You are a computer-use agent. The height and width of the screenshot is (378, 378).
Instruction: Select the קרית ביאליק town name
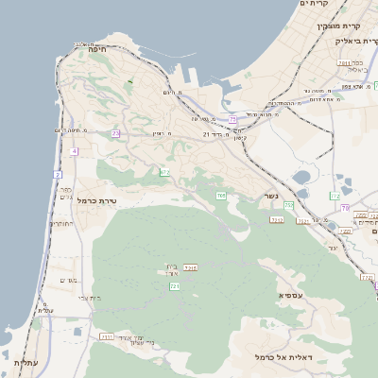pos(353,42)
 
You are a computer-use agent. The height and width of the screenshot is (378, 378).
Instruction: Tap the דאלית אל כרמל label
pos(283,357)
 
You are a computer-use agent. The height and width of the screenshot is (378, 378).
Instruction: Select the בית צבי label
pos(89,298)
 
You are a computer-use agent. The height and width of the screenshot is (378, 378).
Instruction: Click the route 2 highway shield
pos(58,175)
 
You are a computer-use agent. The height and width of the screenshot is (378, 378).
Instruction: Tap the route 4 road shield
pos(74,151)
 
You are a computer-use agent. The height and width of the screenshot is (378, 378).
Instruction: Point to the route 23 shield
pos(115,134)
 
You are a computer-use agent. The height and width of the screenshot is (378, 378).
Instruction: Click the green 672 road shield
pos(164,172)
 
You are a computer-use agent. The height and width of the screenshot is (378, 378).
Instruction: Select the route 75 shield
pos(233,120)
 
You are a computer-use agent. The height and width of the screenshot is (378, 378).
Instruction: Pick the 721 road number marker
pos(174,286)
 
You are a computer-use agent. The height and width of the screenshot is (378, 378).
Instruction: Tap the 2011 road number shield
pos(190,268)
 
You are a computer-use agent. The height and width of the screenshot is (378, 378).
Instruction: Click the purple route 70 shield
pos(346,207)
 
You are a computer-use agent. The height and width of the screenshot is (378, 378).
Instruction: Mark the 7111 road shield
pos(107,335)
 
